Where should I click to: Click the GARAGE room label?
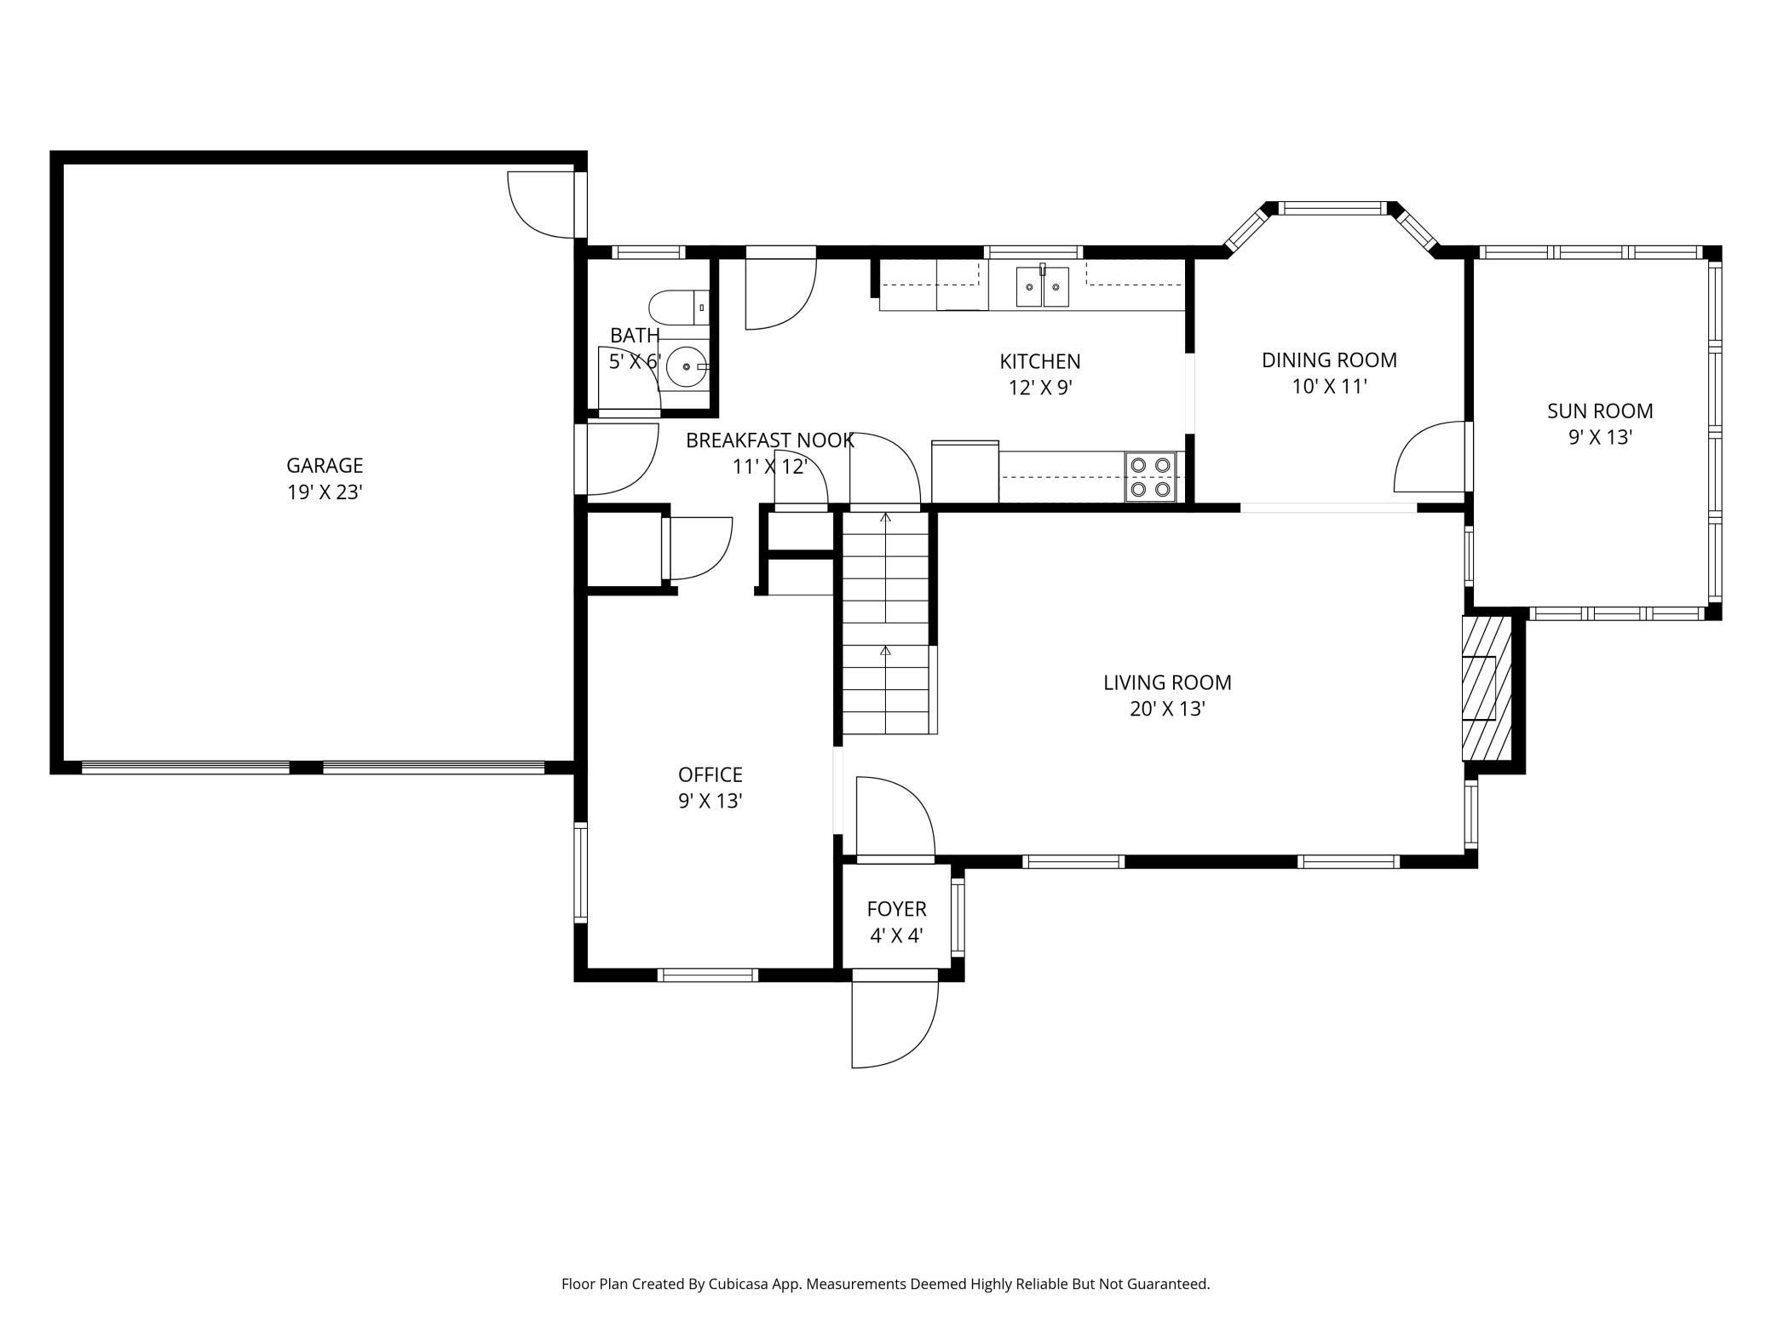click(325, 465)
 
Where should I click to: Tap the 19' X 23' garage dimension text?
click(325, 492)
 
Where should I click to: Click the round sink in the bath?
click(686, 367)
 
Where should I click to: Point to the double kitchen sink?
click(1042, 286)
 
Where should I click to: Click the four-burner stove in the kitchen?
click(1150, 476)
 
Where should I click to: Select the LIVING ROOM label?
click(1167, 682)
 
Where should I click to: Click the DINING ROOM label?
click(1329, 360)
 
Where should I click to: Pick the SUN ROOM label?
click(1600, 411)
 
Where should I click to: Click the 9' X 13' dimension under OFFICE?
click(711, 801)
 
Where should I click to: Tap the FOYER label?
click(896, 909)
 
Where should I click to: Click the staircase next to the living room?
click(886, 622)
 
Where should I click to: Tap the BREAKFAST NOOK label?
click(769, 440)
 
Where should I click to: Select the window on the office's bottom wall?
click(708, 975)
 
